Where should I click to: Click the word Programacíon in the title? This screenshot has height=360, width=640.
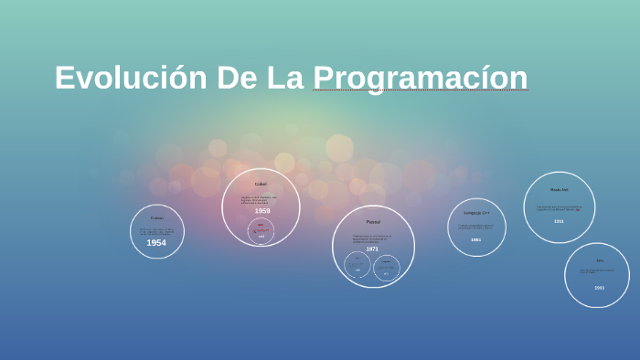click(420, 78)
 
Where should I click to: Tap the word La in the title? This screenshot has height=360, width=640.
click(284, 78)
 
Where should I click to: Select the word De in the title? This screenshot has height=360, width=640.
click(237, 78)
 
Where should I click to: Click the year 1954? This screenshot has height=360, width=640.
click(156, 243)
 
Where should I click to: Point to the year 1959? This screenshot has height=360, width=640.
click(262, 211)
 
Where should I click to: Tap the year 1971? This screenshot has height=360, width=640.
click(372, 249)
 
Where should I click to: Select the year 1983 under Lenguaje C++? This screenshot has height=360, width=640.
click(475, 239)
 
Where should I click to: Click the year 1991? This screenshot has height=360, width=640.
click(559, 221)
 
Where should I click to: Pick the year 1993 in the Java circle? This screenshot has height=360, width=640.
click(599, 288)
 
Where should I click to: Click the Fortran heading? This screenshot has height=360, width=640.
click(156, 217)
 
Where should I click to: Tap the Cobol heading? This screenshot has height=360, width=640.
click(261, 184)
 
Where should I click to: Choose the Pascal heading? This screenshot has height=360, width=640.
click(373, 222)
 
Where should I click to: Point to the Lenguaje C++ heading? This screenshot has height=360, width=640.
click(476, 213)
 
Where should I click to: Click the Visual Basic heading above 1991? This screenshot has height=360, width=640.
click(559, 190)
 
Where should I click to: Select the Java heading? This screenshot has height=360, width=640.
click(599, 260)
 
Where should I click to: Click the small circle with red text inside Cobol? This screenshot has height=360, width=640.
click(261, 231)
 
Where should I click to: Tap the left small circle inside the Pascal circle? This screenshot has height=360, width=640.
click(357, 265)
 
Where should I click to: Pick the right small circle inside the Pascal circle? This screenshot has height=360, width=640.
click(386, 267)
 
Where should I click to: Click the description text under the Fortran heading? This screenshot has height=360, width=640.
click(156, 230)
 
